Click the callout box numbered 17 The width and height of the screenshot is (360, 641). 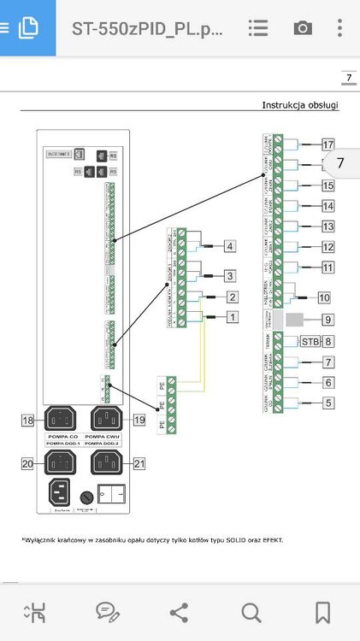pyautogui.click(x=328, y=144)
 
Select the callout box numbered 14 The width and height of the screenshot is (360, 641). pyautogui.click(x=328, y=206)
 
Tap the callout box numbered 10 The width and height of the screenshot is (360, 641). pyautogui.click(x=323, y=297)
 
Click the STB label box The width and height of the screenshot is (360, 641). pyautogui.click(x=310, y=341)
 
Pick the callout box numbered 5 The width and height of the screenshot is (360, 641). pyautogui.click(x=328, y=402)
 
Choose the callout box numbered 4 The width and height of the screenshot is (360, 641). pyautogui.click(x=229, y=247)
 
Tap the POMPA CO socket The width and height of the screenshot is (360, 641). pyautogui.click(x=60, y=420)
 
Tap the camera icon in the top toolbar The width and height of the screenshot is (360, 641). pyautogui.click(x=303, y=27)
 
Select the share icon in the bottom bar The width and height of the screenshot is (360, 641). pyautogui.click(x=180, y=611)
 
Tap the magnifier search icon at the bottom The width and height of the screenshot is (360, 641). pyautogui.click(x=251, y=611)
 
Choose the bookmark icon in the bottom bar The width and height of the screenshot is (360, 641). pyautogui.click(x=322, y=611)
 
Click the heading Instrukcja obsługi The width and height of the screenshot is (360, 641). pyautogui.click(x=300, y=105)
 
